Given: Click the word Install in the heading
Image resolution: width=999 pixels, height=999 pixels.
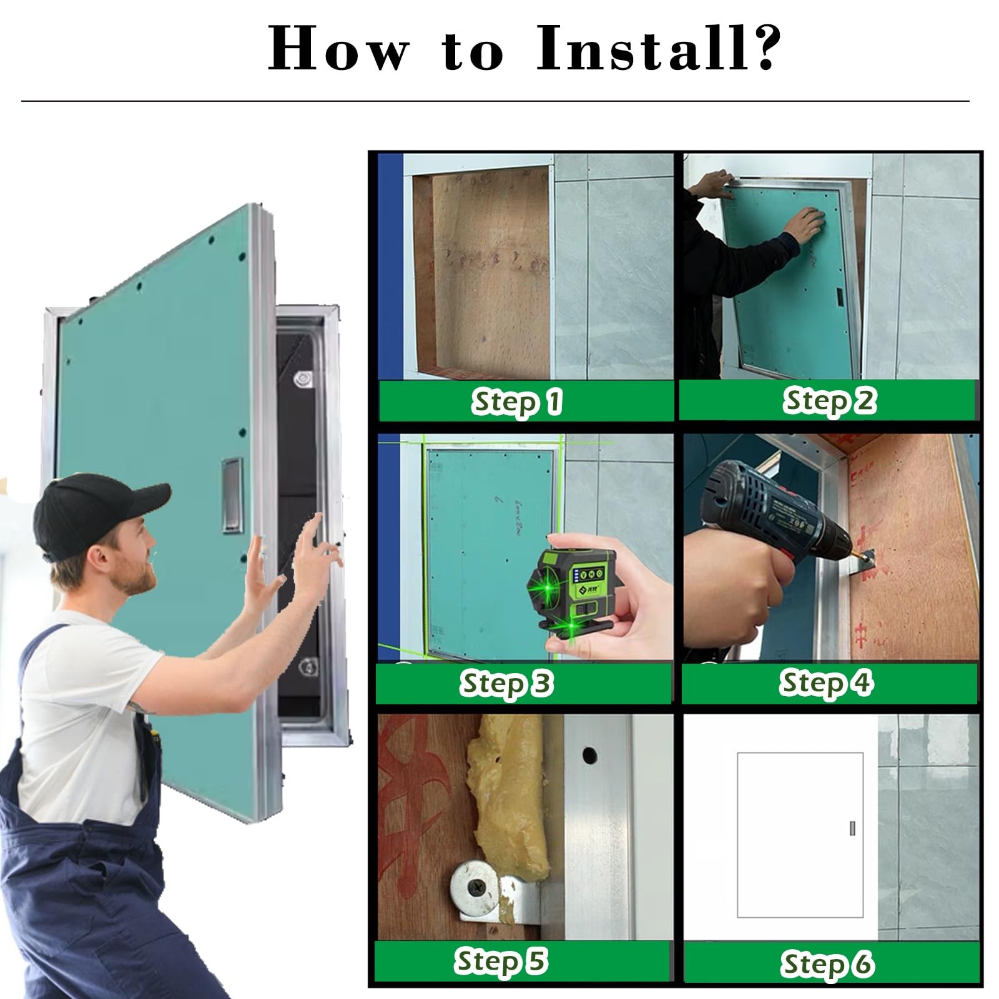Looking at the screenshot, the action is (x=643, y=48).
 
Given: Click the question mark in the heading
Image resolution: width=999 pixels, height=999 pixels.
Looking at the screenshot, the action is (x=765, y=48).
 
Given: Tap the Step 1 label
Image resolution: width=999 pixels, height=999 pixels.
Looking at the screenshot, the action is (x=516, y=401).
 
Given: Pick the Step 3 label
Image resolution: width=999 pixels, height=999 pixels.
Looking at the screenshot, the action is (x=506, y=683).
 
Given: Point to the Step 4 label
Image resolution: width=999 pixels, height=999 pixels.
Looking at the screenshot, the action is (x=826, y=682).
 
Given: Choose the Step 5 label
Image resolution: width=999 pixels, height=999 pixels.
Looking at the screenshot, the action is (x=501, y=961).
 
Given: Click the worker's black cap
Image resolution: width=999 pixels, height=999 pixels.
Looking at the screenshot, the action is (x=94, y=512).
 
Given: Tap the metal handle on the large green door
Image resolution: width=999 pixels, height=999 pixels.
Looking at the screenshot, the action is (x=231, y=495).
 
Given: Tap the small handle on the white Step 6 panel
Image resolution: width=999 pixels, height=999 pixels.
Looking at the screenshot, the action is (x=852, y=829).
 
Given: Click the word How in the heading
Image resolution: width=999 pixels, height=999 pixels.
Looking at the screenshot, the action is (x=337, y=48).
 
